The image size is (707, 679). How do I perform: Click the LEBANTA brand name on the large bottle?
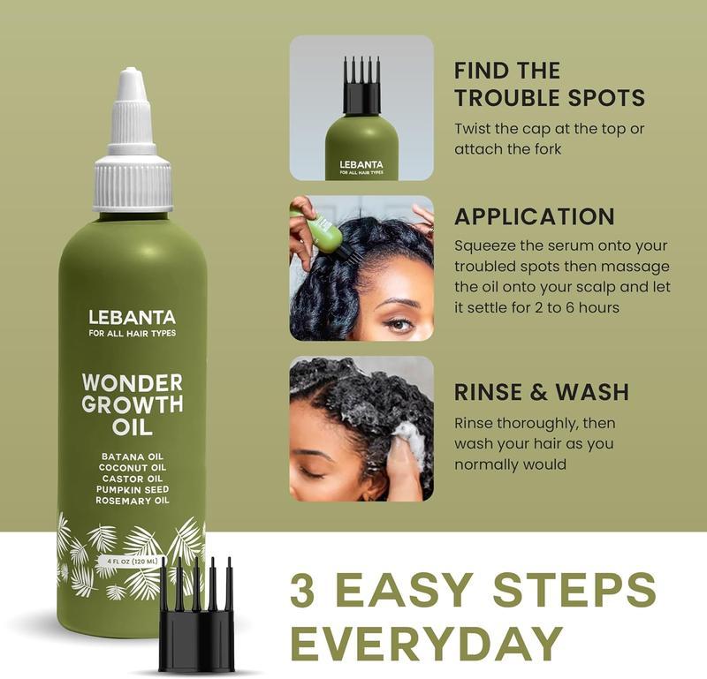[x=133, y=315]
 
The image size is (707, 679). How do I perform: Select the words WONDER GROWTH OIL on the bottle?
[x=133, y=404]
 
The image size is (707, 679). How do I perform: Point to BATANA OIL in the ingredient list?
[x=133, y=456]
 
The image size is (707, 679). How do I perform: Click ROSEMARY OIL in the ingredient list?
[x=133, y=501]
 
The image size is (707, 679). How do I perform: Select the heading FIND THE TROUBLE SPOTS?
[x=549, y=84]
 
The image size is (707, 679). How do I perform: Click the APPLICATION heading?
[x=534, y=217]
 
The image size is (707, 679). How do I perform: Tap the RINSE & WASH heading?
[x=542, y=392]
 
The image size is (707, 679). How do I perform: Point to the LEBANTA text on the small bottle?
[x=361, y=163]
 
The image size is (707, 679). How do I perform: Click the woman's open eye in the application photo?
[x=399, y=323]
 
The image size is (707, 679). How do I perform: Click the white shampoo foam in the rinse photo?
[x=408, y=439]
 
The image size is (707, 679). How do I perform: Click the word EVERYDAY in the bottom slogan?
[x=427, y=644]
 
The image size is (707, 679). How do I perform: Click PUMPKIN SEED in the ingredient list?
[x=133, y=489]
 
